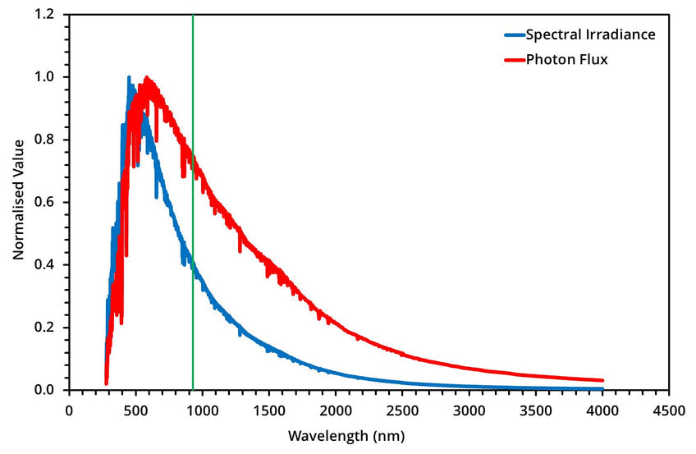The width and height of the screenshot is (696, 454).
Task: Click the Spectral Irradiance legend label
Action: [590, 34]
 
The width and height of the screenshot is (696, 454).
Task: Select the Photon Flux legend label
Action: [566, 59]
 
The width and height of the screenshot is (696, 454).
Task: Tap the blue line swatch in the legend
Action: [514, 35]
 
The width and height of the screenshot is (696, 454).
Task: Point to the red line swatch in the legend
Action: [514, 60]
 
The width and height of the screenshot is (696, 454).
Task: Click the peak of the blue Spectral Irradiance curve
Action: [129, 77]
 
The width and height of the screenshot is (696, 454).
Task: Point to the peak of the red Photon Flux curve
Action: [147, 79]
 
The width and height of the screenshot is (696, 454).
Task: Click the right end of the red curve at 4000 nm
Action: [602, 381]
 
